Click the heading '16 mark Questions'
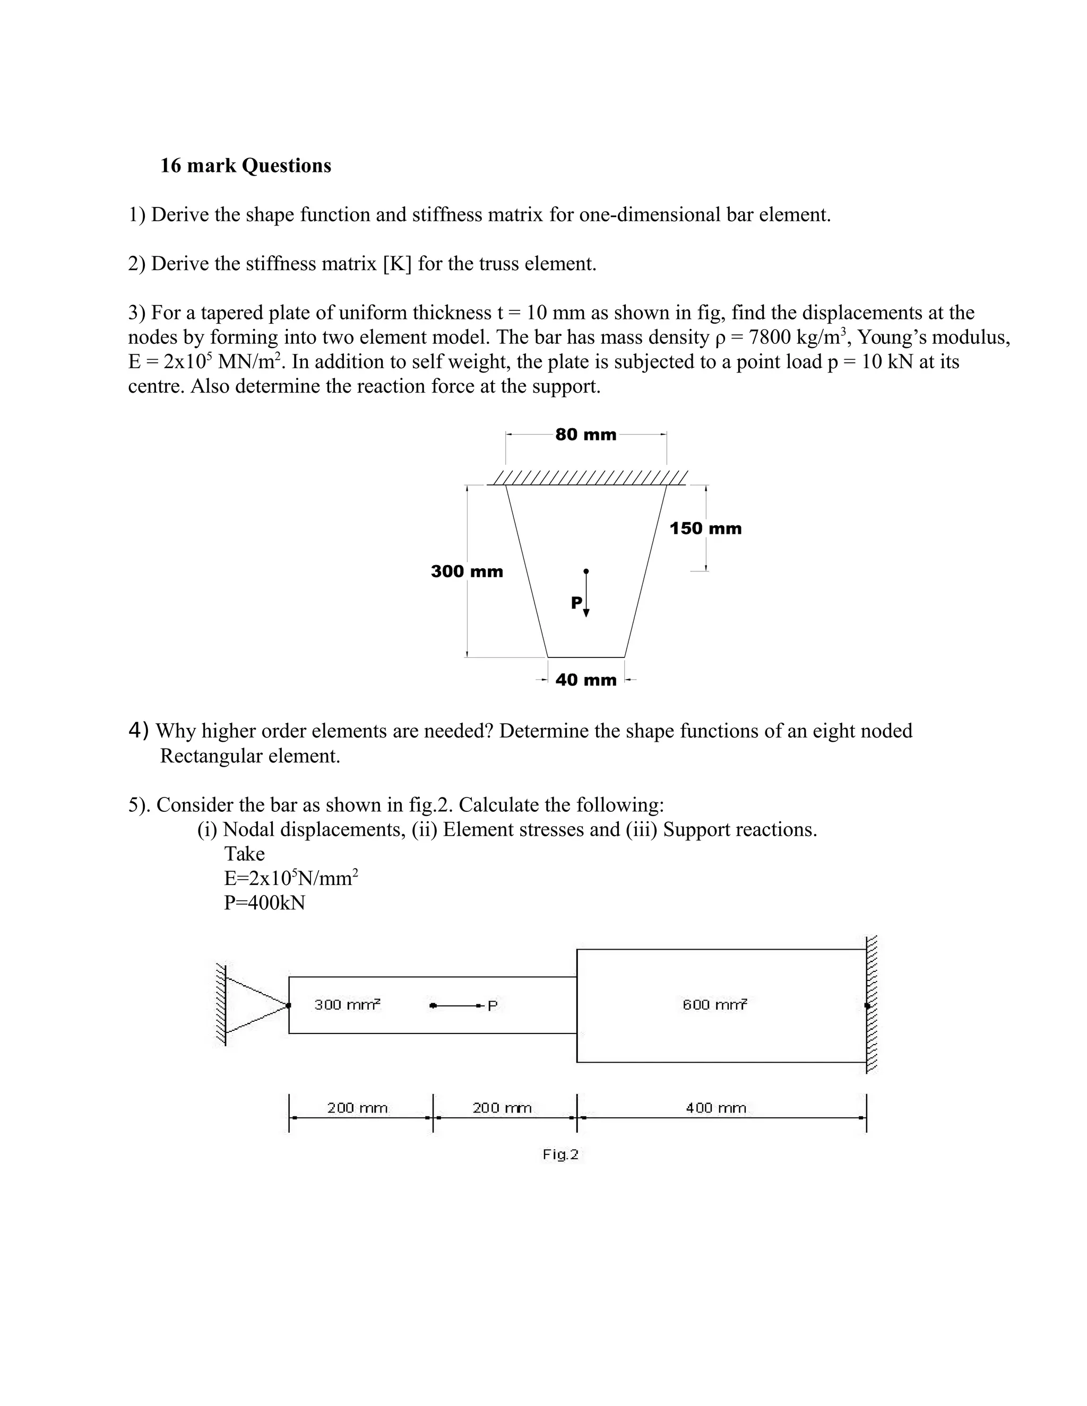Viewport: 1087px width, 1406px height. tap(245, 166)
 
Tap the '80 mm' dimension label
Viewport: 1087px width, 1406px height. tap(585, 435)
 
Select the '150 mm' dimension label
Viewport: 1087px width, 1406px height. tap(705, 528)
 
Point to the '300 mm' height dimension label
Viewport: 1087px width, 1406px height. tap(467, 571)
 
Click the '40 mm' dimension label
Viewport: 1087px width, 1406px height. tap(585, 680)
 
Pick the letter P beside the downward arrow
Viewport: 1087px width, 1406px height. tap(576, 603)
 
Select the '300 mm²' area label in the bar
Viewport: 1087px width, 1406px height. tap(347, 1004)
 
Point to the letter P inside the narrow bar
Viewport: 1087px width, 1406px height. tap(493, 1005)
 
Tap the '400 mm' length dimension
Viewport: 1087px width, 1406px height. tap(715, 1108)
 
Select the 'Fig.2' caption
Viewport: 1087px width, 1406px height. tap(560, 1155)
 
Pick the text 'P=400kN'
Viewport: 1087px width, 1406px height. tap(265, 902)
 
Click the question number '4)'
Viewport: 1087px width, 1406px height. tap(139, 730)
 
